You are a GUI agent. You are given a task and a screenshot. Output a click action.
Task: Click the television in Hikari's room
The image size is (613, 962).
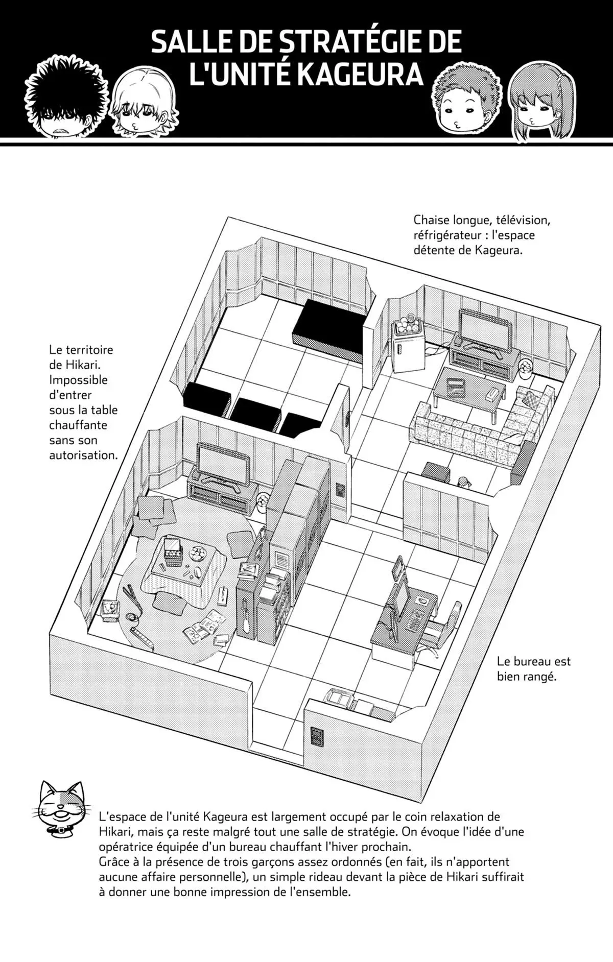tap(223, 462)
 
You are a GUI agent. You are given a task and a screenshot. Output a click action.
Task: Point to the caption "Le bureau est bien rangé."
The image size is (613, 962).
tap(534, 669)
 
